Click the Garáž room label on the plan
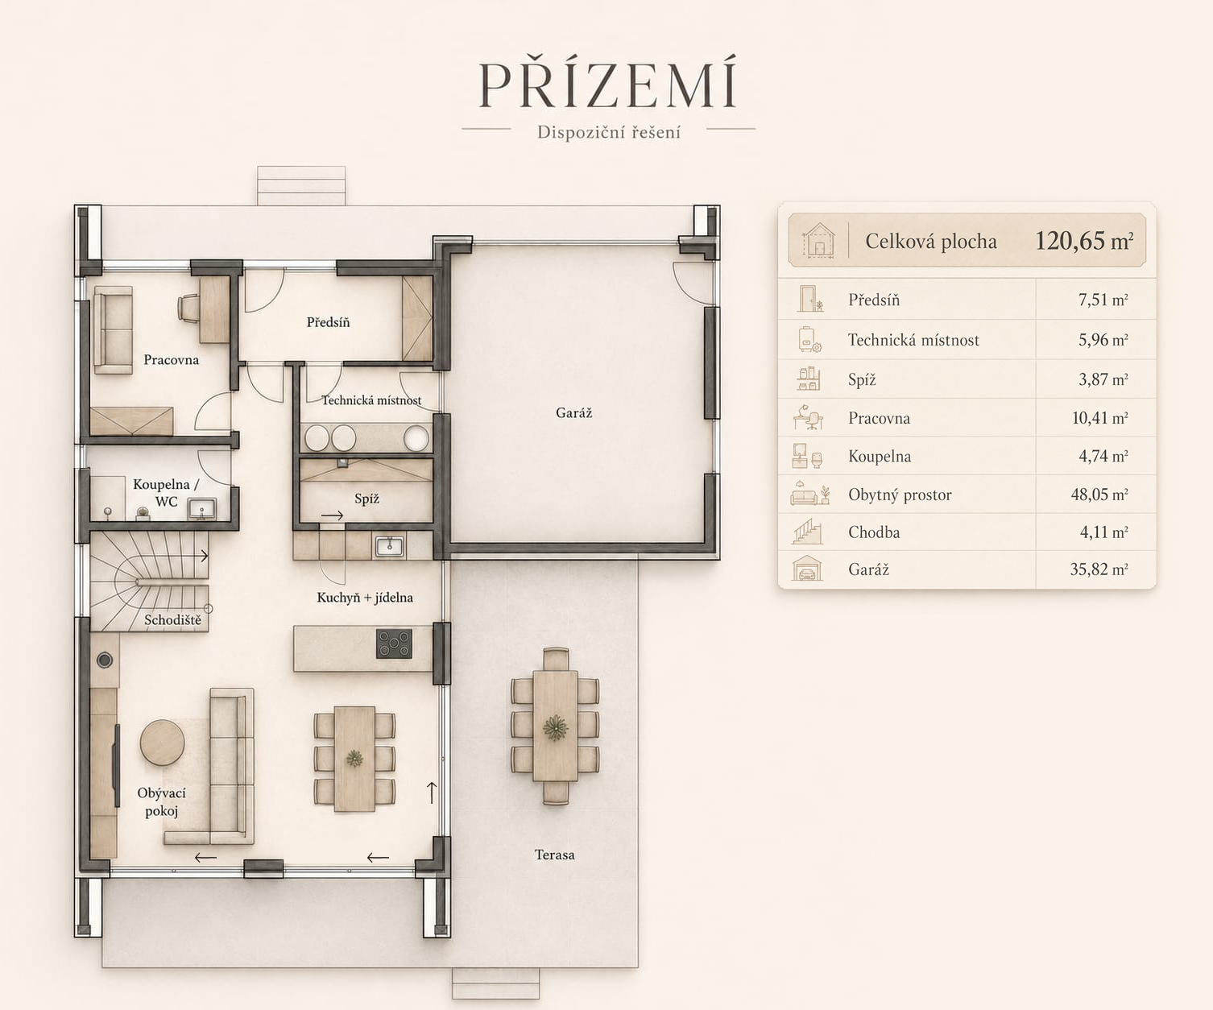coord(574,412)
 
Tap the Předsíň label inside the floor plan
coord(329,322)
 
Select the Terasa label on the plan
coord(555,855)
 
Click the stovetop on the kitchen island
coord(394,644)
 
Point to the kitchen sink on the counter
coord(390,546)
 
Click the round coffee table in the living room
coord(163,743)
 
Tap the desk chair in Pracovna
coord(188,308)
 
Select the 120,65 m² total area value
coord(1084,241)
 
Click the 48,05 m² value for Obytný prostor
coord(1099,495)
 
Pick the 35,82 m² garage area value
coord(1099,569)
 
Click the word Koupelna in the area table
coord(880,456)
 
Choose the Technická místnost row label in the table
coord(914,340)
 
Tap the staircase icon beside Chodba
coord(808,532)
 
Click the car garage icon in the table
coord(807,569)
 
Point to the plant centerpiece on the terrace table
coord(556,727)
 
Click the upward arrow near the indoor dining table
coord(432,793)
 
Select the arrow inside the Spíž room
coord(333,515)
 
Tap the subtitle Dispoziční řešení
coord(609,132)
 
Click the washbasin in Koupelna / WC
coord(201,508)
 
